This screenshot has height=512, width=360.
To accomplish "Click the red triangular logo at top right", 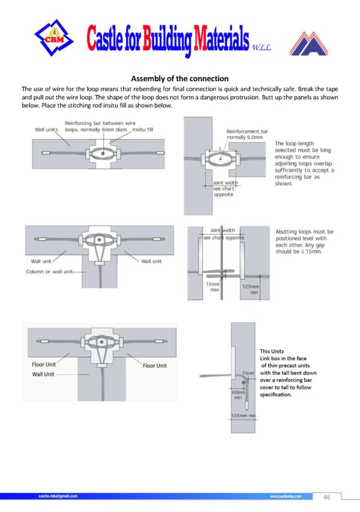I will click(x=309, y=43).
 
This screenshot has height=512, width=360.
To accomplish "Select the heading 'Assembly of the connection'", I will click(x=180, y=79).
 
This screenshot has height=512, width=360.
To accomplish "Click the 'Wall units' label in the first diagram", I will click(x=46, y=129).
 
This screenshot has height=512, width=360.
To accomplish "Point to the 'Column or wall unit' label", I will click(x=50, y=272).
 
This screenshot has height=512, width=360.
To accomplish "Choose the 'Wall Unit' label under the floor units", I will click(x=43, y=374).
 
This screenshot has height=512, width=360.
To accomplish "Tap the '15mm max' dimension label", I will click(x=213, y=287).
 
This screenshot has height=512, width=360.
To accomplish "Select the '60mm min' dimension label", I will click(x=238, y=395).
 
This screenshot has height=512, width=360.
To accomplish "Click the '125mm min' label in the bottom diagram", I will click(x=244, y=416).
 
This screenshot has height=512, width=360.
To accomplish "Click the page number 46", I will click(x=327, y=497).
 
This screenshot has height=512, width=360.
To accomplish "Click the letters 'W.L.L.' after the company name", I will click(x=262, y=47).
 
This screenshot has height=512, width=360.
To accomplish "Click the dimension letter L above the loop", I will click(x=220, y=147).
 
